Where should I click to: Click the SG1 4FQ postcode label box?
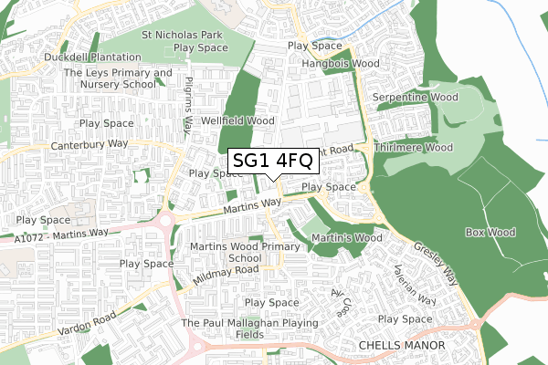point(273,162)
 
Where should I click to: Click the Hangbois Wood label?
point(340,65)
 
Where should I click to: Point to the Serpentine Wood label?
point(419,97)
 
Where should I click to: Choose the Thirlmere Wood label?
point(414,147)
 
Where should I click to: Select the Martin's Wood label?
point(345,238)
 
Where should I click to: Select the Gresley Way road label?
point(436,260)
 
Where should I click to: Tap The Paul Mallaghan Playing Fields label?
point(249,328)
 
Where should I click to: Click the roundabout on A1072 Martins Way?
point(165,223)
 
